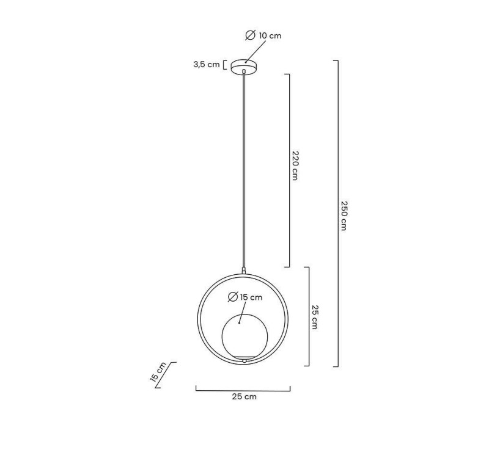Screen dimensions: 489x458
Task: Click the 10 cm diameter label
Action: [270, 35]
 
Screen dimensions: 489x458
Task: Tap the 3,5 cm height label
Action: [207, 65]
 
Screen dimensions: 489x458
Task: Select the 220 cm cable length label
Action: [295, 165]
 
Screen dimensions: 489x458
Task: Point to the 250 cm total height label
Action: [344, 216]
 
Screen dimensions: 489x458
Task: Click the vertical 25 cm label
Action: [315, 317]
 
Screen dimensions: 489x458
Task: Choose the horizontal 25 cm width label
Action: [244, 396]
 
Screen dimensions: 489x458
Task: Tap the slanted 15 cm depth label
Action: [158, 372]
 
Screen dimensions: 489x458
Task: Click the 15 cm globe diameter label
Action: [251, 297]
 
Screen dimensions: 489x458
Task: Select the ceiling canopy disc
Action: [244, 66]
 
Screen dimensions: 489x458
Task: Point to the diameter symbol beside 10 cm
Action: [251, 35]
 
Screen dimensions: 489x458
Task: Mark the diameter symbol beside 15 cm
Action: [233, 297]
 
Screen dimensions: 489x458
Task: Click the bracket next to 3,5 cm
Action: [225, 65]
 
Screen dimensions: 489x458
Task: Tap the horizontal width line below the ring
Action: [243, 390]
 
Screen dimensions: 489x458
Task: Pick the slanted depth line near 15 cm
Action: [166, 375]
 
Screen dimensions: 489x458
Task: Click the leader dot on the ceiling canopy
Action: [246, 62]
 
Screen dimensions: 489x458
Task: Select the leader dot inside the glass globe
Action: [239, 323]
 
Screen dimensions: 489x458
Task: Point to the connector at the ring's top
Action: [244, 271]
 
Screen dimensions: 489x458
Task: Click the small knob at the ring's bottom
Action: [244, 361]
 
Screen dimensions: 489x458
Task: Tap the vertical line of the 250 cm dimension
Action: [338, 213]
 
